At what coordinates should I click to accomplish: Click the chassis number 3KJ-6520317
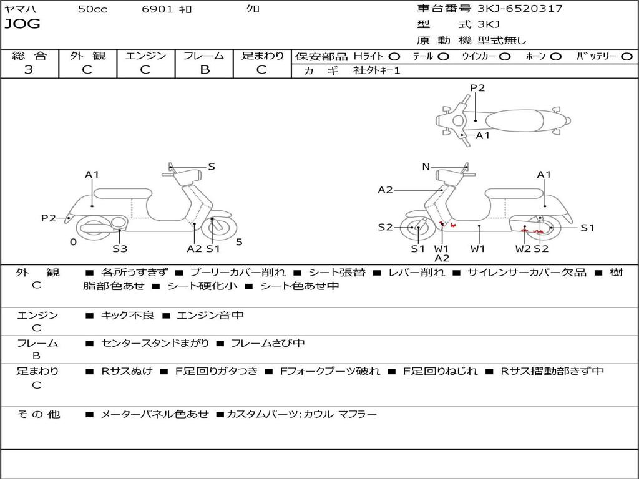(520, 9)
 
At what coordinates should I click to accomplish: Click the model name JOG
(22, 24)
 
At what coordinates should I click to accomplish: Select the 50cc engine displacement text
(92, 9)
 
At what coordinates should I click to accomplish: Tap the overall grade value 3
(29, 70)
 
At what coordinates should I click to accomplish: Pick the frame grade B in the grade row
(204, 70)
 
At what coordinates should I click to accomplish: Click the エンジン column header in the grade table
(145, 56)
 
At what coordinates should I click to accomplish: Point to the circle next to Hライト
(394, 57)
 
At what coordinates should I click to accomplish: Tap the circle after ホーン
(555, 57)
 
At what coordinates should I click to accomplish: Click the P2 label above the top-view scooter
(477, 88)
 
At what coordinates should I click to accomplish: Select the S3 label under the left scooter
(120, 249)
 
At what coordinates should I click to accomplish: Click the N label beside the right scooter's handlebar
(426, 167)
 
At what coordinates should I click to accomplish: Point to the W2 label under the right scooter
(523, 249)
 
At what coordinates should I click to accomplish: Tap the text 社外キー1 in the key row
(376, 70)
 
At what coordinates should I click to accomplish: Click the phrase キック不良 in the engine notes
(127, 316)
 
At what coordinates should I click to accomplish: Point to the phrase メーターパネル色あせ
(154, 414)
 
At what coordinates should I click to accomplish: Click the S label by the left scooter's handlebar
(212, 167)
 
